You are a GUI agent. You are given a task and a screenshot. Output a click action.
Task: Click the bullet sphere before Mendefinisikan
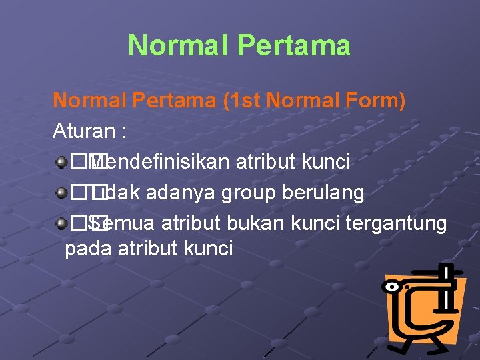tap(61, 161)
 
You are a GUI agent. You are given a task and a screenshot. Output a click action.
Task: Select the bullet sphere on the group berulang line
tap(61, 193)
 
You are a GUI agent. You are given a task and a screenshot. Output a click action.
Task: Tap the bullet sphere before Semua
tap(61, 224)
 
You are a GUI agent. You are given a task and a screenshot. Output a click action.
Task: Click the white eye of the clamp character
tap(393, 286)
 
